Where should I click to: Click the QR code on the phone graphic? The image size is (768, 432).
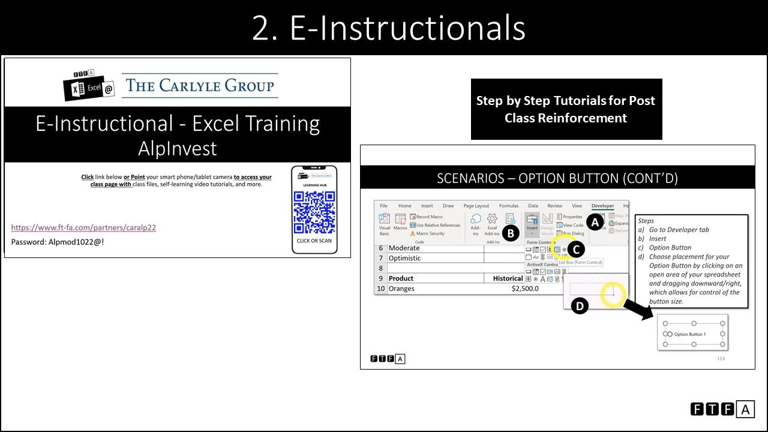pyautogui.click(x=314, y=213)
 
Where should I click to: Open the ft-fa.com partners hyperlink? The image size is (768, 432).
pyautogui.click(x=83, y=227)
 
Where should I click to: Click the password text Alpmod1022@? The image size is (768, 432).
pyautogui.click(x=58, y=242)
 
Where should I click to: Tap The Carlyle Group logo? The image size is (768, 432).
pyautogui.click(x=200, y=85)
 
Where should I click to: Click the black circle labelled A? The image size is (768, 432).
pyautogui.click(x=595, y=223)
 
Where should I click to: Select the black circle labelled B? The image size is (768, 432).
pyautogui.click(x=510, y=233)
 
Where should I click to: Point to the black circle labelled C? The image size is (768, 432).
pyautogui.click(x=575, y=250)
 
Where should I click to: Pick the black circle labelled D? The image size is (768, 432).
pyautogui.click(x=579, y=306)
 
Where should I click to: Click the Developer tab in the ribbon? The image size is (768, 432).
pyautogui.click(x=602, y=206)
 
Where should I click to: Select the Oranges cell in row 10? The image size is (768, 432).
pyautogui.click(x=401, y=289)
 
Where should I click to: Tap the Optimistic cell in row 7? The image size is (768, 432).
pyautogui.click(x=404, y=258)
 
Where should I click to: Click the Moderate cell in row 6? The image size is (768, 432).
pyautogui.click(x=404, y=248)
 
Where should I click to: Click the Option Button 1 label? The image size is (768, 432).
pyautogui.click(x=689, y=334)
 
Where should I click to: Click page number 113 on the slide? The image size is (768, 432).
pyautogui.click(x=721, y=359)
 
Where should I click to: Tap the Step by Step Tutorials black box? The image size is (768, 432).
pyautogui.click(x=566, y=109)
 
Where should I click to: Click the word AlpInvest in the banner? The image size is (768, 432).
pyautogui.click(x=177, y=148)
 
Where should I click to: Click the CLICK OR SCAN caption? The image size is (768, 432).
pyautogui.click(x=314, y=241)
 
